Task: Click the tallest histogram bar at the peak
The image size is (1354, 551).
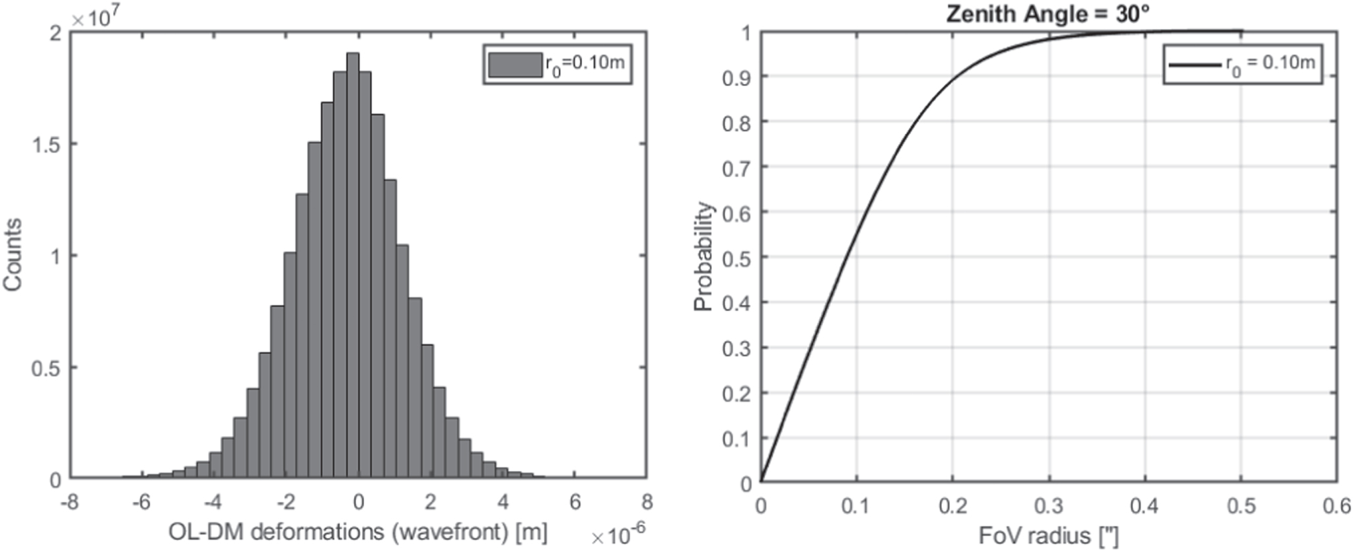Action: [x=353, y=264]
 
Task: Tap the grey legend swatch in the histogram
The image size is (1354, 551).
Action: [x=515, y=64]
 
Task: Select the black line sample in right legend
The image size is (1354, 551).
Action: [x=1194, y=64]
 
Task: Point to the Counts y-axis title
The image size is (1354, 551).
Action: [x=13, y=254]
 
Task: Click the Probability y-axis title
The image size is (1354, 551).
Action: [x=703, y=256]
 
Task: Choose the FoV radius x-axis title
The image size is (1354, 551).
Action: [x=1048, y=535]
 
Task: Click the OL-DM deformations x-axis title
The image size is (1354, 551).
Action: [x=357, y=532]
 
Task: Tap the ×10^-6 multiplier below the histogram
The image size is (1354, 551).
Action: [x=618, y=534]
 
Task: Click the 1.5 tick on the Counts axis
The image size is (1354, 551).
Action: [x=46, y=145]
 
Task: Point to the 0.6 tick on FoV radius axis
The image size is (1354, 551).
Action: [x=1336, y=506]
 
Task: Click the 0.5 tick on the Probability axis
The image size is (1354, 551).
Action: [x=736, y=258]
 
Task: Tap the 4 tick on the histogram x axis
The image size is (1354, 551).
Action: [x=503, y=502]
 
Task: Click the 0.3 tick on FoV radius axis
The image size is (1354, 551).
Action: [x=1048, y=506]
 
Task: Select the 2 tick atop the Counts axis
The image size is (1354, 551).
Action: [x=55, y=33]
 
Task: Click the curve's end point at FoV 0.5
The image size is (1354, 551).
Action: [x=1241, y=30]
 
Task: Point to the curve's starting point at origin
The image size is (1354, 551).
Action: [x=761, y=482]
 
